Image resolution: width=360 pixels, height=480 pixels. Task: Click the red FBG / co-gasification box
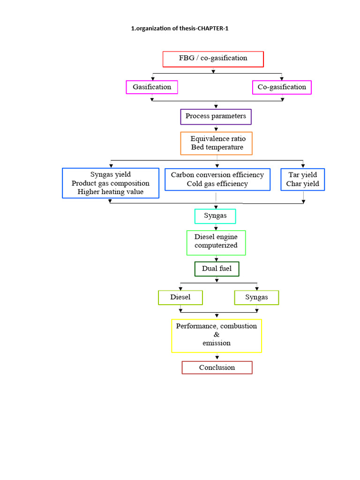point(213,59)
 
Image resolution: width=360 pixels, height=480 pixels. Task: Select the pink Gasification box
point(152,87)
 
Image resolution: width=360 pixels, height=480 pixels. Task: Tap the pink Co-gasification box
point(282,87)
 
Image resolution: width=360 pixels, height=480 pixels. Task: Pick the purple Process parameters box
point(216,117)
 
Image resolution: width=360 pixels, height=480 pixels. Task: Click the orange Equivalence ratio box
point(217,143)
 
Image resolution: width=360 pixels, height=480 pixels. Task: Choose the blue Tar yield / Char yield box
point(303,180)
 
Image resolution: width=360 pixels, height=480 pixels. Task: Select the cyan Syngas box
point(215,216)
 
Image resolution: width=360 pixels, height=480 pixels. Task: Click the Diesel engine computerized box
point(216,243)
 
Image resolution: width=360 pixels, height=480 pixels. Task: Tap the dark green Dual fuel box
point(217,269)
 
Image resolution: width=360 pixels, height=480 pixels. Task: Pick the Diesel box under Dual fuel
point(180,298)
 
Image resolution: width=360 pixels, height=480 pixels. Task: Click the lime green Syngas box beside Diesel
point(256,298)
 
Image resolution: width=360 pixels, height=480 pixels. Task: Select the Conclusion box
point(217,367)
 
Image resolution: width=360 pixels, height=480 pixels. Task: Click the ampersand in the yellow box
point(217,335)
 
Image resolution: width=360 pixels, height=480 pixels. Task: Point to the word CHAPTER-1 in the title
point(213,29)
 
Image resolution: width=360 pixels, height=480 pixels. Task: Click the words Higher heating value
point(111,192)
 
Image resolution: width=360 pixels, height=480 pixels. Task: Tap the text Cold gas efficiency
point(217,184)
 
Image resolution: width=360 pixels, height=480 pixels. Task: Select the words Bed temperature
point(217,147)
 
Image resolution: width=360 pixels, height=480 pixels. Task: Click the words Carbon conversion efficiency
point(217,175)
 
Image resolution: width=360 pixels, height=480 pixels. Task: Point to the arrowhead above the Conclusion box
point(217,357)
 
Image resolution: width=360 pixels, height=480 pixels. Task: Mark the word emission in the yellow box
point(217,343)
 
